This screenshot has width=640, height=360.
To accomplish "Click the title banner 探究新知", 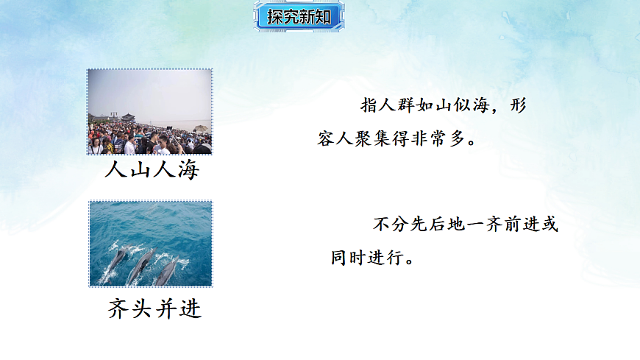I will pyautogui.click(x=299, y=17).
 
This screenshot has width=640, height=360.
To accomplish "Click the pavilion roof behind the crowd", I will pyautogui.click(x=127, y=116).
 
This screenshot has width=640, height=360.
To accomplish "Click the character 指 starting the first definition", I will pyautogui.click(x=369, y=105).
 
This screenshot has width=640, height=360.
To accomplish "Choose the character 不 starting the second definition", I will pyautogui.click(x=380, y=225).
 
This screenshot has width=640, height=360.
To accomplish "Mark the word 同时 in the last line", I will pyautogui.click(x=348, y=258).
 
